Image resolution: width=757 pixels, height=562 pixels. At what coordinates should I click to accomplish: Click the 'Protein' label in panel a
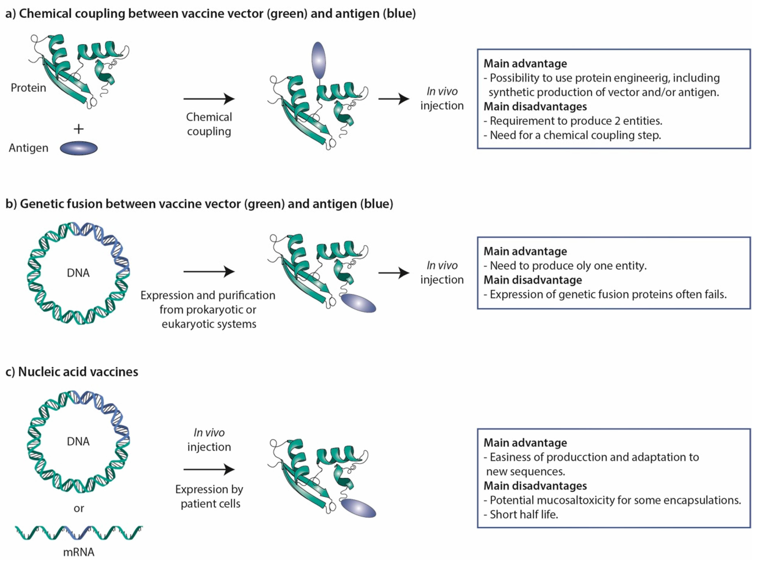28,88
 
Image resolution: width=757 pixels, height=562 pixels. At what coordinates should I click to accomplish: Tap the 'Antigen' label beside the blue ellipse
29,148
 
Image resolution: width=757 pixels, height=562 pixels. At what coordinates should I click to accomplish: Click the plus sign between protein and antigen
79,129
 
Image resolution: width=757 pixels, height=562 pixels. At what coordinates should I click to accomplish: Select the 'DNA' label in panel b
78,273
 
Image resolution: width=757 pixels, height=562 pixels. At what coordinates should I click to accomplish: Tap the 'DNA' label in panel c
78,441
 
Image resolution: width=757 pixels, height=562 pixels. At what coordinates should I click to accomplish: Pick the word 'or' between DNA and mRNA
79,508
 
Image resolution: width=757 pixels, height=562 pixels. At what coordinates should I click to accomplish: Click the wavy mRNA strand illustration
79,532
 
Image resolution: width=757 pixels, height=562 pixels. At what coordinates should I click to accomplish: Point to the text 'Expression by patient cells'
209,496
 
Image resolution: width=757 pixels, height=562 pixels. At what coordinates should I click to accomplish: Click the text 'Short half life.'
523,514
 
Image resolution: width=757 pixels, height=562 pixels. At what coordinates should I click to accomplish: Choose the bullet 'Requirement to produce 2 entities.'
575,121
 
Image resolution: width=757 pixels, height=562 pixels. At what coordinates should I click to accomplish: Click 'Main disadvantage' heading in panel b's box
533,280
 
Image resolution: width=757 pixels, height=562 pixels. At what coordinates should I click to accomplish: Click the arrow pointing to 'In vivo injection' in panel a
394,99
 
